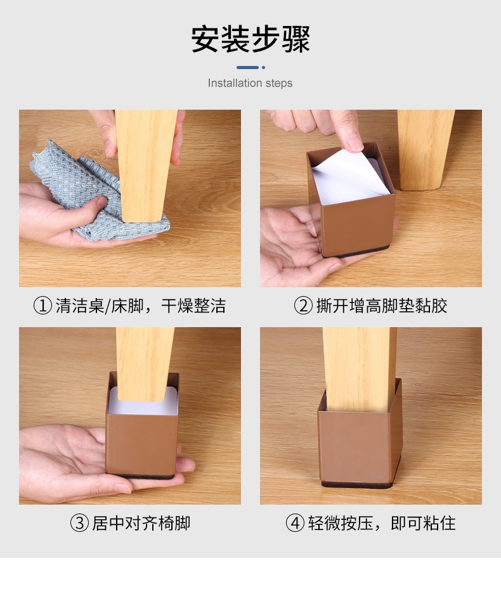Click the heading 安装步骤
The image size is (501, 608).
point(251,39)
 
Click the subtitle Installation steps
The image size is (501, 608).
point(251,83)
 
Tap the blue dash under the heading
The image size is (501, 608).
point(248,67)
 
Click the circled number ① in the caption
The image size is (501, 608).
point(42,306)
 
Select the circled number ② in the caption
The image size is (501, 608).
point(303,306)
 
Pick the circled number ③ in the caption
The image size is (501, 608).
point(79,524)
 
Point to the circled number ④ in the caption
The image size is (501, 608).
point(295,524)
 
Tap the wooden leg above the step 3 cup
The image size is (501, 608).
point(145,361)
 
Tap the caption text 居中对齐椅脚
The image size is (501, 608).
point(141,524)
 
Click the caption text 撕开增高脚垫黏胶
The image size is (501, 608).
point(382,306)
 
